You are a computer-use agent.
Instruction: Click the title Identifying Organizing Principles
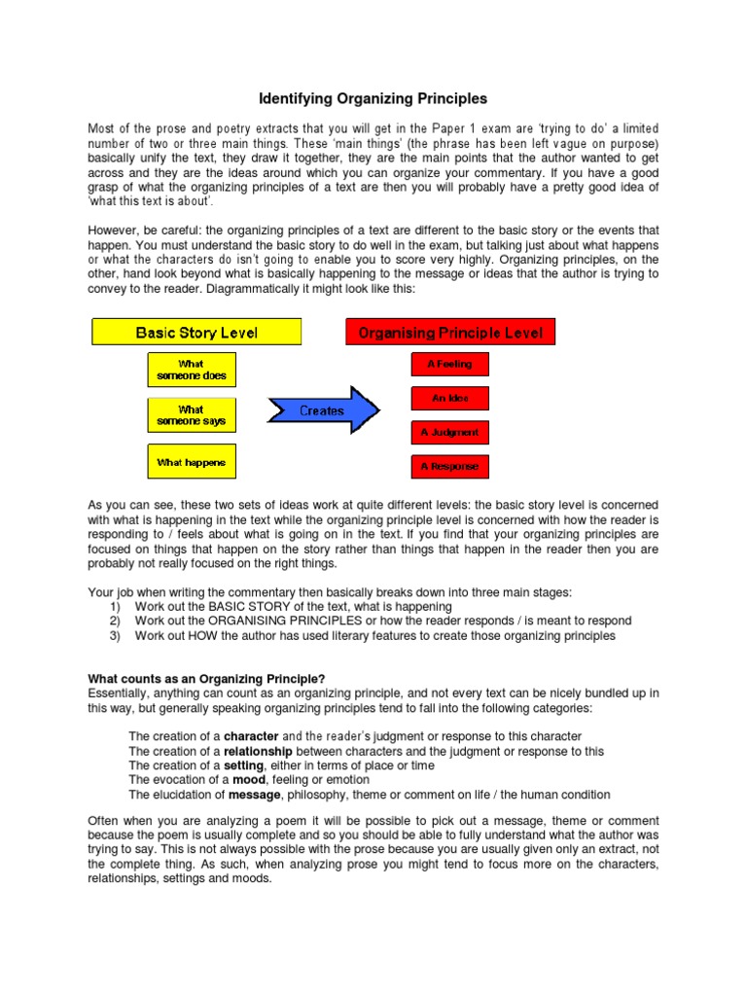point(373,99)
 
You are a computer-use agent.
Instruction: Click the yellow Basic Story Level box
point(196,332)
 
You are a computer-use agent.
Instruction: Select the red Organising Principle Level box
point(450,332)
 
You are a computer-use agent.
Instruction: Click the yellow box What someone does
point(192,370)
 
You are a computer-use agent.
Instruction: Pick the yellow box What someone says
point(192,415)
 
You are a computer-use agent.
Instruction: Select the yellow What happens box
point(192,463)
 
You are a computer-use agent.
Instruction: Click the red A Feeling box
point(448,364)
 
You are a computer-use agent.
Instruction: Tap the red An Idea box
point(448,399)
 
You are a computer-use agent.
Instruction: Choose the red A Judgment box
point(448,433)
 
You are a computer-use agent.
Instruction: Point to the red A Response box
point(448,467)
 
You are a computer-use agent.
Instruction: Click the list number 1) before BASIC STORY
point(115,606)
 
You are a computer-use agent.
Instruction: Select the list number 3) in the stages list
point(115,635)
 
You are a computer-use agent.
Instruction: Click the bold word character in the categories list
point(252,736)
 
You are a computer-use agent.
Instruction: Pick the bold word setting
point(244,765)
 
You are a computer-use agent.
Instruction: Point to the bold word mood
point(247,780)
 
